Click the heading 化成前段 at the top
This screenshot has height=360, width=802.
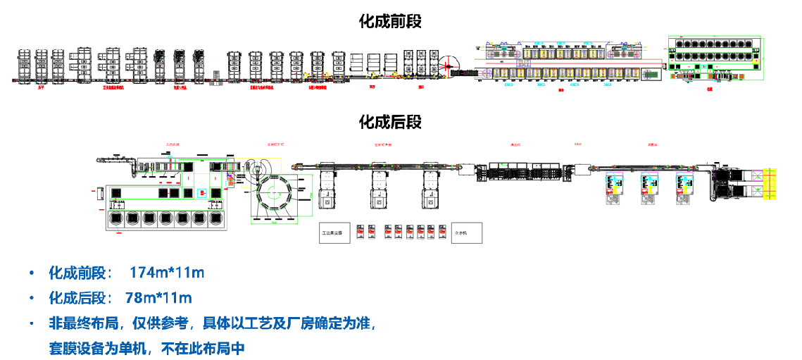390,22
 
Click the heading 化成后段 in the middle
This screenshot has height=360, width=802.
390,123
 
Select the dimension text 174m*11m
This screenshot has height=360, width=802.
168,273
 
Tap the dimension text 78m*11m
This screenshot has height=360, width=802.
158,298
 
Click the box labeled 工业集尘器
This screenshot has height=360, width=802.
334,232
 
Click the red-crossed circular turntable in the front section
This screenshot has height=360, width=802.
446,67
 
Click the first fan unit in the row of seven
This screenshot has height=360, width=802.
114,219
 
